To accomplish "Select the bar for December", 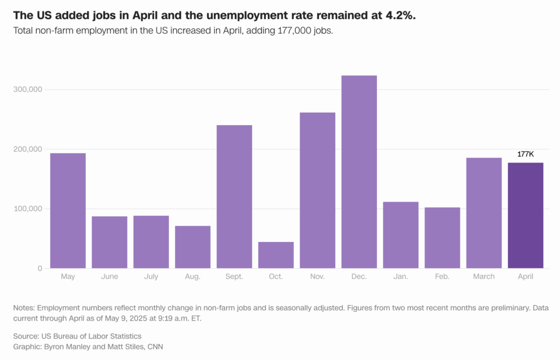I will click(x=359, y=172).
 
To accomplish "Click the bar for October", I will click(x=276, y=255).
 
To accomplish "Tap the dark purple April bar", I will click(x=526, y=216).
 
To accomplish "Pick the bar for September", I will click(x=234, y=197).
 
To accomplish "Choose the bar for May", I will click(x=68, y=211).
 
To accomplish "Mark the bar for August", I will click(x=192, y=247).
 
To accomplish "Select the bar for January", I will click(x=400, y=235).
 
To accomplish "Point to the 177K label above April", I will click(x=526, y=154).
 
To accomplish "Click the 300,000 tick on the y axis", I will click(x=27, y=89).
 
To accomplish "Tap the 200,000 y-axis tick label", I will click(x=27, y=149).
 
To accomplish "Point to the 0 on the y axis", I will click(x=39, y=268).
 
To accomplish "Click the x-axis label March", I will click(x=483, y=277).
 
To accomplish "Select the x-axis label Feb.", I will click(x=442, y=277).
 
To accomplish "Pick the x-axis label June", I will click(x=109, y=277).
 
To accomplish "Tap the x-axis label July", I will click(x=151, y=277).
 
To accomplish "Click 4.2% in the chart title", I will click(x=400, y=15).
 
